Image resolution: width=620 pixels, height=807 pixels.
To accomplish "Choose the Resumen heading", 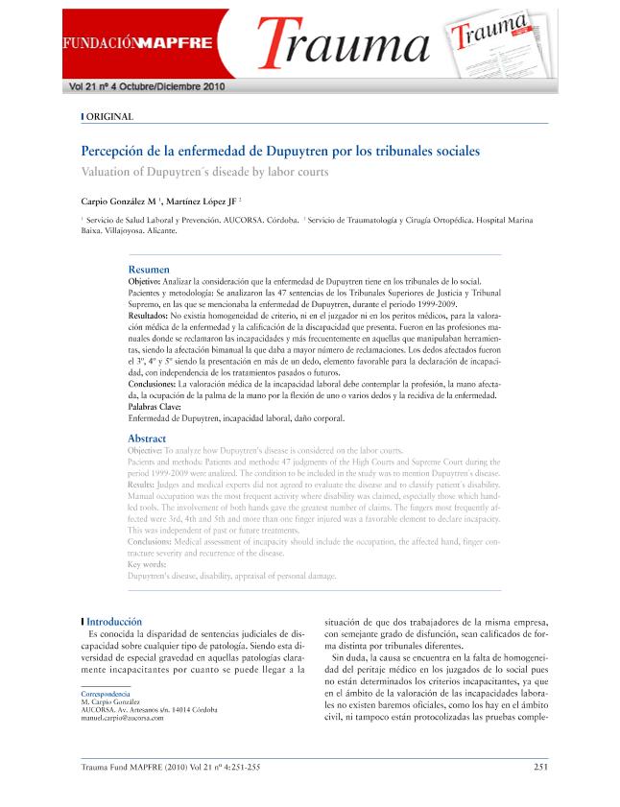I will point(149,270).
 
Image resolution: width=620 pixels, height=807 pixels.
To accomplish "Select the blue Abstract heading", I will point(147,439).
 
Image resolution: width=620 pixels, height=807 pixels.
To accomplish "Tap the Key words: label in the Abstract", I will point(147,565).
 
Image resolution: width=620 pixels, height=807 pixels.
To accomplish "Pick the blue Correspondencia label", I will point(106,693).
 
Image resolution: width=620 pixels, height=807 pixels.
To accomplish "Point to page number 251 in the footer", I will point(539,766).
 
